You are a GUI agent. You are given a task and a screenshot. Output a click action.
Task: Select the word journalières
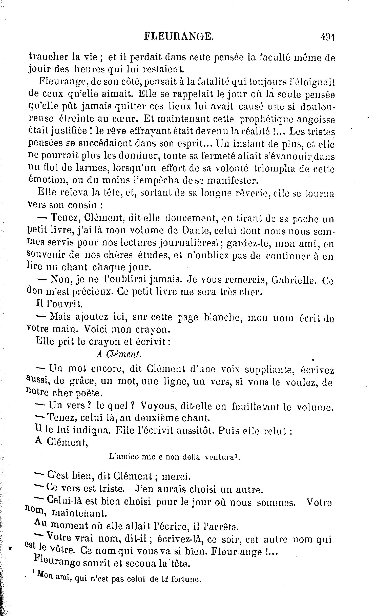[189, 244]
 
